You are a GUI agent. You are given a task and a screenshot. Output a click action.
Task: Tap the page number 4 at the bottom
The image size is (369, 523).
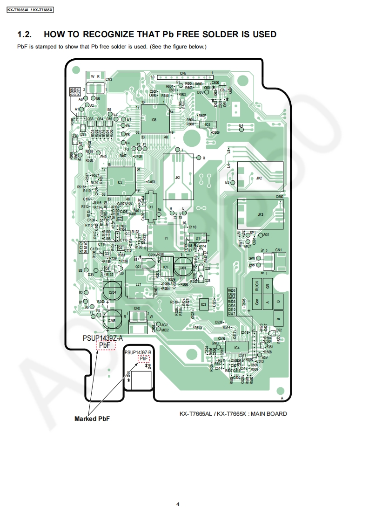pyautogui.click(x=178, y=504)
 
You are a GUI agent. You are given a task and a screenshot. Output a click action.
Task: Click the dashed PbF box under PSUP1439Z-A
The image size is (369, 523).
pyautogui.click(x=105, y=345)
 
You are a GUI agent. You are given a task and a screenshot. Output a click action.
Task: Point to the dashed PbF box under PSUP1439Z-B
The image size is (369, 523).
pyautogui.click(x=144, y=358)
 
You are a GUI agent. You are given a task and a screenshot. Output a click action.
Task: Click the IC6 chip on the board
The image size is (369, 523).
pyautogui.click(x=154, y=119)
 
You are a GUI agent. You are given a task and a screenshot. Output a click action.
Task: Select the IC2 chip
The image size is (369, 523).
pyautogui.click(x=121, y=182)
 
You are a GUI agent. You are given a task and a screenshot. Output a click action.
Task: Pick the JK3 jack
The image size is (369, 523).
pyautogui.click(x=260, y=214)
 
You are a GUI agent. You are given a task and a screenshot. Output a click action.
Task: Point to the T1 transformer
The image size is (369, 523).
pyautogui.click(x=166, y=238)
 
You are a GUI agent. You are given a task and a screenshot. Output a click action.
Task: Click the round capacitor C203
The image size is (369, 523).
pyautogui.click(x=182, y=268)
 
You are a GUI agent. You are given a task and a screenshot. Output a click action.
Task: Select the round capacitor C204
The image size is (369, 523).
pyautogui.click(x=112, y=292)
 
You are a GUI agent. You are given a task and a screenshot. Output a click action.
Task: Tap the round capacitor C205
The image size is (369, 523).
pyautogui.click(x=112, y=320)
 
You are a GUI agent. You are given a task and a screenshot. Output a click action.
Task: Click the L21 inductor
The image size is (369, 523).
pyautogui.click(x=138, y=284)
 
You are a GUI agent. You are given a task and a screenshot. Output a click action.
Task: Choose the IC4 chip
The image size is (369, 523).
pyautogui.click(x=237, y=347)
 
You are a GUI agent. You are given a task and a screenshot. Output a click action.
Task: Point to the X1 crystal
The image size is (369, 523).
pyautogui.click(x=151, y=206)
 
